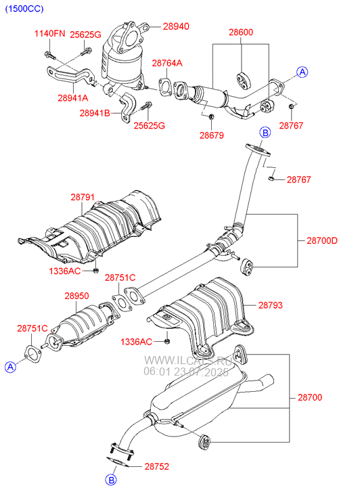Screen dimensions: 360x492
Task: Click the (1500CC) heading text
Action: click(24, 9)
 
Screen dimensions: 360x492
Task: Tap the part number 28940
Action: click(176, 26)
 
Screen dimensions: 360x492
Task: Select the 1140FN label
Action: click(49, 33)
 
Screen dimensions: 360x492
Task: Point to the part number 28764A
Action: click(167, 63)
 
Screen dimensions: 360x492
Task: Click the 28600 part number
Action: click(241, 32)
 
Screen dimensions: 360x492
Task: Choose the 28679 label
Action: click(212, 135)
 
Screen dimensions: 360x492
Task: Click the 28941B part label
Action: click(95, 113)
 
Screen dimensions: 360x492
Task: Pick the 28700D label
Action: click(322, 241)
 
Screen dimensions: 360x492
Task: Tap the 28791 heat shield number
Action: click(83, 197)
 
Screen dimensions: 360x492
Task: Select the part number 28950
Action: click(77, 296)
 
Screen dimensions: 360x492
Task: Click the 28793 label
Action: click(271, 305)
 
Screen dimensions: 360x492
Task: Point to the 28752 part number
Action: click(156, 466)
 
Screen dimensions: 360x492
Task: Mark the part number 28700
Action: click(310, 397)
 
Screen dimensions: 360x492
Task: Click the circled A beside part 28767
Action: click(302, 72)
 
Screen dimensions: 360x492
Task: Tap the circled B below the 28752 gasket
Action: click(110, 480)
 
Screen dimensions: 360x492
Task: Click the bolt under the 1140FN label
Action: click(50, 55)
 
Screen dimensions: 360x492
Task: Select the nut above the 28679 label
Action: click(211, 116)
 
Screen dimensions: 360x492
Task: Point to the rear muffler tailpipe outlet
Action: click(269, 380)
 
